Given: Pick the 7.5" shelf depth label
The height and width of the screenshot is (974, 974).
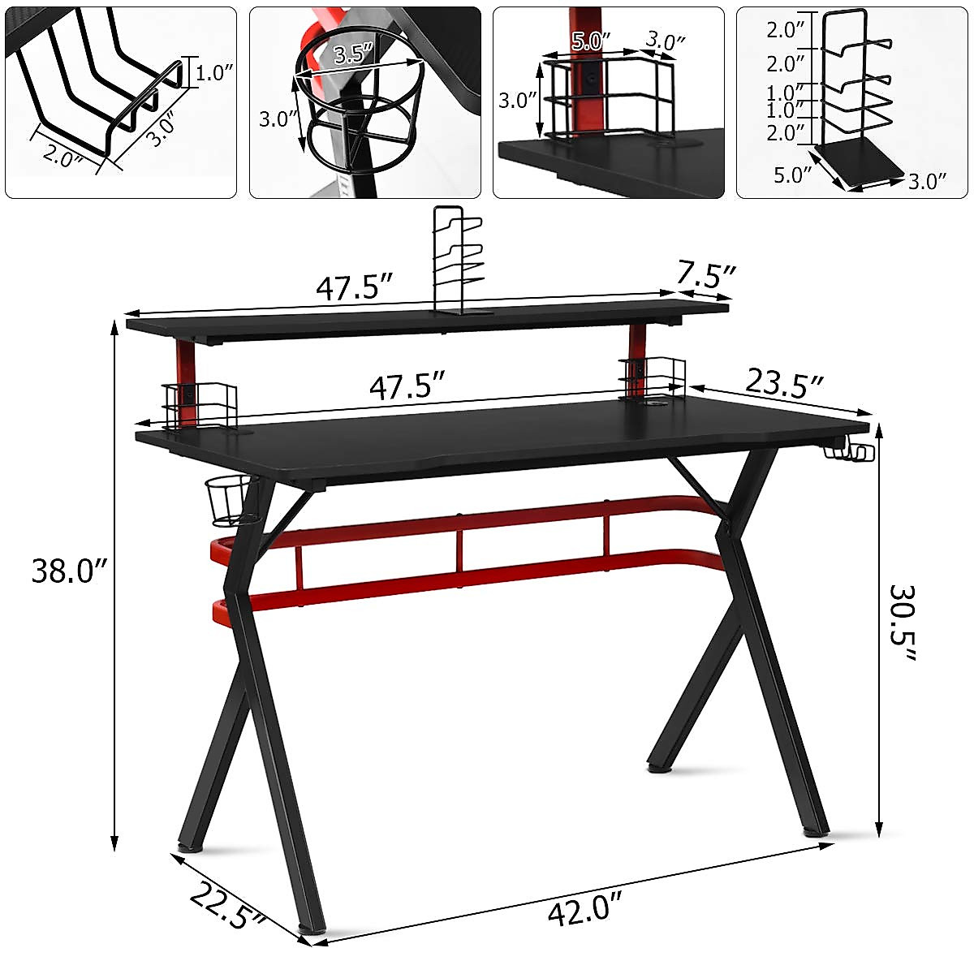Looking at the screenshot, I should [706, 276].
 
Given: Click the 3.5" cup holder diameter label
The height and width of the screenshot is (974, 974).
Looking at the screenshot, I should [354, 55].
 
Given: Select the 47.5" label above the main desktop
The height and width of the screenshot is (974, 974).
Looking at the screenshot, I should [407, 386].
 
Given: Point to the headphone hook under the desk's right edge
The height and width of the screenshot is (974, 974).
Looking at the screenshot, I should [851, 451].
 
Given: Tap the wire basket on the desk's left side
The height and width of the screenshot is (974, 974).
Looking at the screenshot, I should [199, 403].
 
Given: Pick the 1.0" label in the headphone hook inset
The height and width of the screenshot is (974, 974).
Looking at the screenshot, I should [214, 73].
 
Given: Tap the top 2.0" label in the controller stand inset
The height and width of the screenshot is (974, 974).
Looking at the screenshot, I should [786, 31].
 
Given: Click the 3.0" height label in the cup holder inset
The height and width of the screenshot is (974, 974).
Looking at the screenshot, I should [278, 119].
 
